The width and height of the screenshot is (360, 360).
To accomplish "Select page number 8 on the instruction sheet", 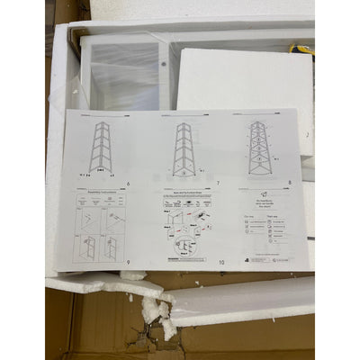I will pos(290,183).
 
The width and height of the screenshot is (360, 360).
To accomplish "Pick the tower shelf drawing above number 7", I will pos(184,148).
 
